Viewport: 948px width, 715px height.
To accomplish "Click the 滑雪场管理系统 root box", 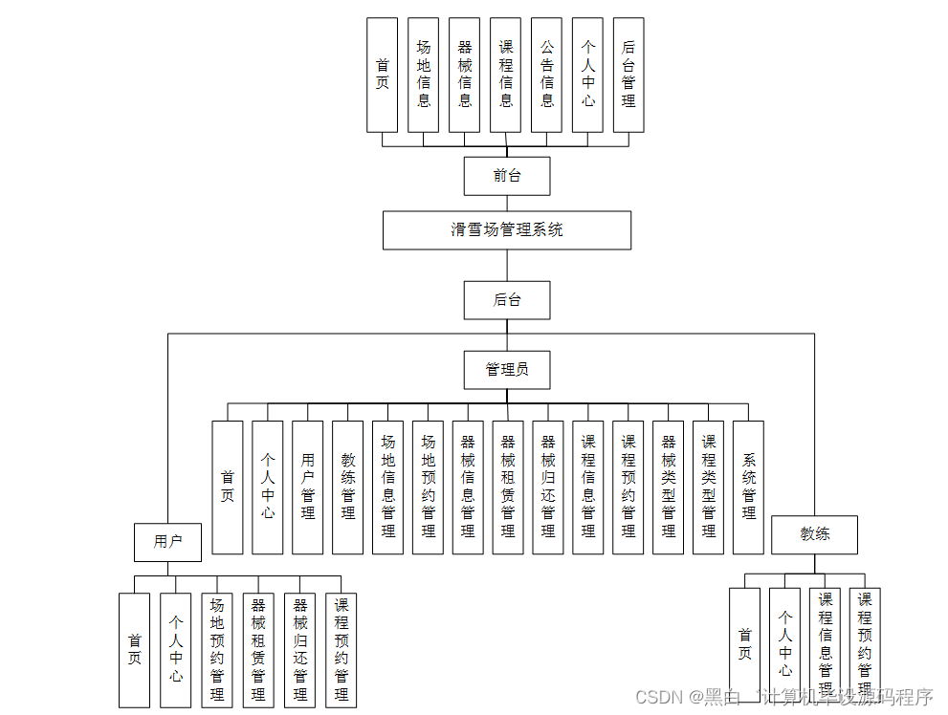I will (x=506, y=230).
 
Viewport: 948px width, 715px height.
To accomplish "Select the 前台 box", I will (x=506, y=176).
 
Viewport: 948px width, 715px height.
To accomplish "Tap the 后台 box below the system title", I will (x=506, y=300).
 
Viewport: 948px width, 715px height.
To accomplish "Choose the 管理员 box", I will (x=506, y=370).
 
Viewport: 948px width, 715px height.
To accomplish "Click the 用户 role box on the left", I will (x=167, y=542).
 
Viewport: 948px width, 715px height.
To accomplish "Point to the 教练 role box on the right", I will (x=814, y=535).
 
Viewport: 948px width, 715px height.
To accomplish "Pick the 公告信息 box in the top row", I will (x=546, y=75).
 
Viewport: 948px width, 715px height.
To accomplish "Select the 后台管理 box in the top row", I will (x=628, y=75).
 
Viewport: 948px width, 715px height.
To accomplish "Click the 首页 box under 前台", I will (x=382, y=75).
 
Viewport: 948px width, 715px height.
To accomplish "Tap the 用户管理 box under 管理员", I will (x=307, y=487).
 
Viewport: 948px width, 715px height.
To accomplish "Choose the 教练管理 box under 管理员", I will (x=347, y=487).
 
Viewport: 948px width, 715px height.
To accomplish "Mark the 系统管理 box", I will (x=748, y=487).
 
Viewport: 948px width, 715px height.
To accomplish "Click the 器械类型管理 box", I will (x=668, y=487).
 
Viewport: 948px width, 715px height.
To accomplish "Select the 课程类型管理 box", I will (x=708, y=487).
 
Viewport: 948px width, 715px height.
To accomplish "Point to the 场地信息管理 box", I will (x=387, y=487).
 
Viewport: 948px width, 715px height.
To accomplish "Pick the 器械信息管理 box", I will (x=468, y=487).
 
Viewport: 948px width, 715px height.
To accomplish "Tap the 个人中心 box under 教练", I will (x=784, y=645).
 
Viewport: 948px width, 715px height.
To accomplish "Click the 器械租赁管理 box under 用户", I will (x=258, y=650).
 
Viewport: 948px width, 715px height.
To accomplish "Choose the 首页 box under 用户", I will (x=134, y=650).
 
